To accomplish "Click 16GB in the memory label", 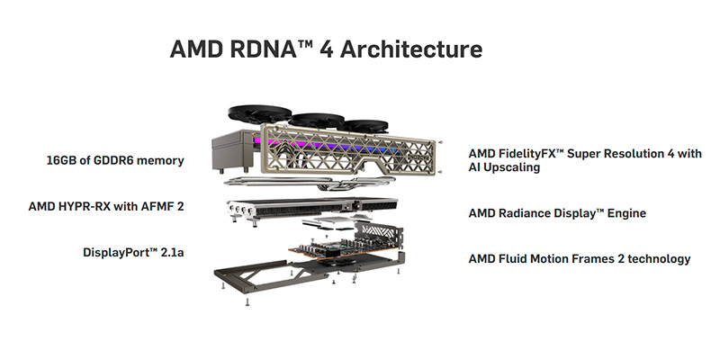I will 64,160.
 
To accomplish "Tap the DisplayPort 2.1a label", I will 133,252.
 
